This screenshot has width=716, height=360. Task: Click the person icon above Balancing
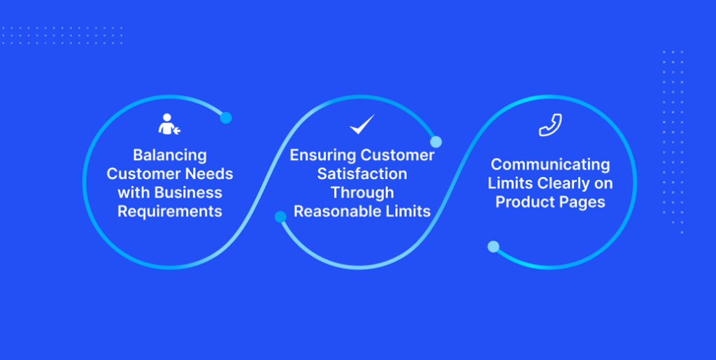click(x=169, y=124)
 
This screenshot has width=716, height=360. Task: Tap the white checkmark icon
click(x=363, y=124)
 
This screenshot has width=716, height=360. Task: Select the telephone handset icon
click(x=550, y=125)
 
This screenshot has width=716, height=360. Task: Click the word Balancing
click(x=170, y=156)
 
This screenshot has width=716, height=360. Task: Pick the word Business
click(x=188, y=192)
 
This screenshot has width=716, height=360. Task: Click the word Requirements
click(x=170, y=211)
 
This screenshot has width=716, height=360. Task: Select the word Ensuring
click(x=319, y=156)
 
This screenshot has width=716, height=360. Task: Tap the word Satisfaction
click(x=363, y=174)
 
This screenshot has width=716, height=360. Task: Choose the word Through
click(x=363, y=192)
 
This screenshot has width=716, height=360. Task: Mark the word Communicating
click(x=550, y=164)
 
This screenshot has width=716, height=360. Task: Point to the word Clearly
click(x=564, y=183)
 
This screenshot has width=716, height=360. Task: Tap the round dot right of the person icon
click(x=226, y=117)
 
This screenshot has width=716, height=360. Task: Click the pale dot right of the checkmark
click(x=436, y=142)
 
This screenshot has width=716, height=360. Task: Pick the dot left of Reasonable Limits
click(x=280, y=217)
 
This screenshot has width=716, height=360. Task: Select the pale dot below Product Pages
click(x=493, y=247)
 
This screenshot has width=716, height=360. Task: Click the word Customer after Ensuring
click(x=394, y=156)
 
